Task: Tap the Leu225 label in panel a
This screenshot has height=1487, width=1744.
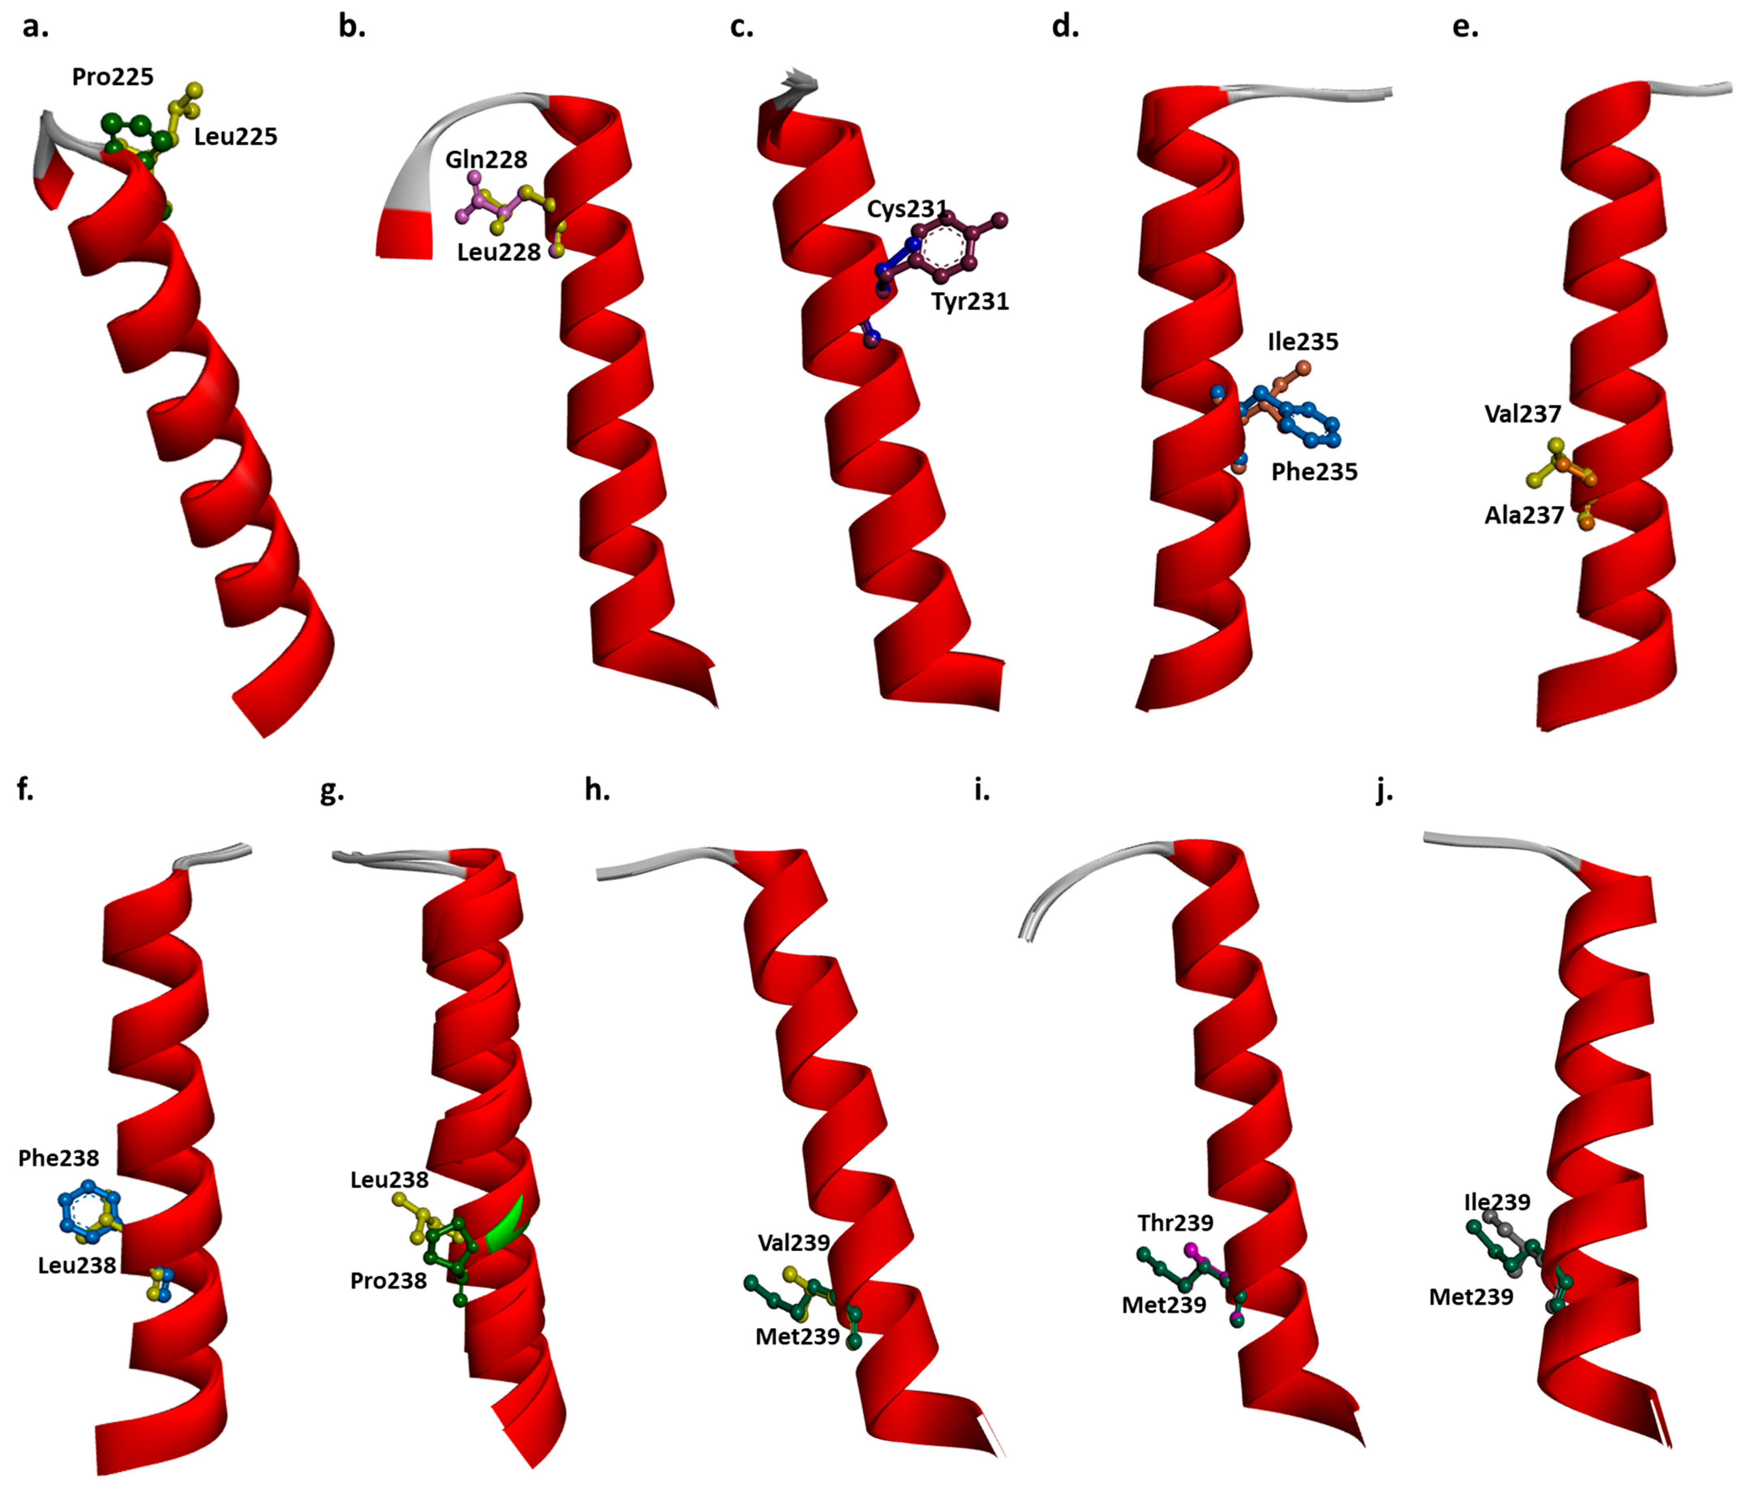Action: tap(236, 136)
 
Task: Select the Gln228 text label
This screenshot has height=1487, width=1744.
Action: tap(486, 159)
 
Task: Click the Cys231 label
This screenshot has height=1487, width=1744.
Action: tap(907, 209)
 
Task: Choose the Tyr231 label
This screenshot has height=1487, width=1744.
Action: tap(970, 301)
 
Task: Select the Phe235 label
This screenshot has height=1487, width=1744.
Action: tap(1314, 472)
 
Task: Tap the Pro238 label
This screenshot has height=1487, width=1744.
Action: tap(388, 1281)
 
